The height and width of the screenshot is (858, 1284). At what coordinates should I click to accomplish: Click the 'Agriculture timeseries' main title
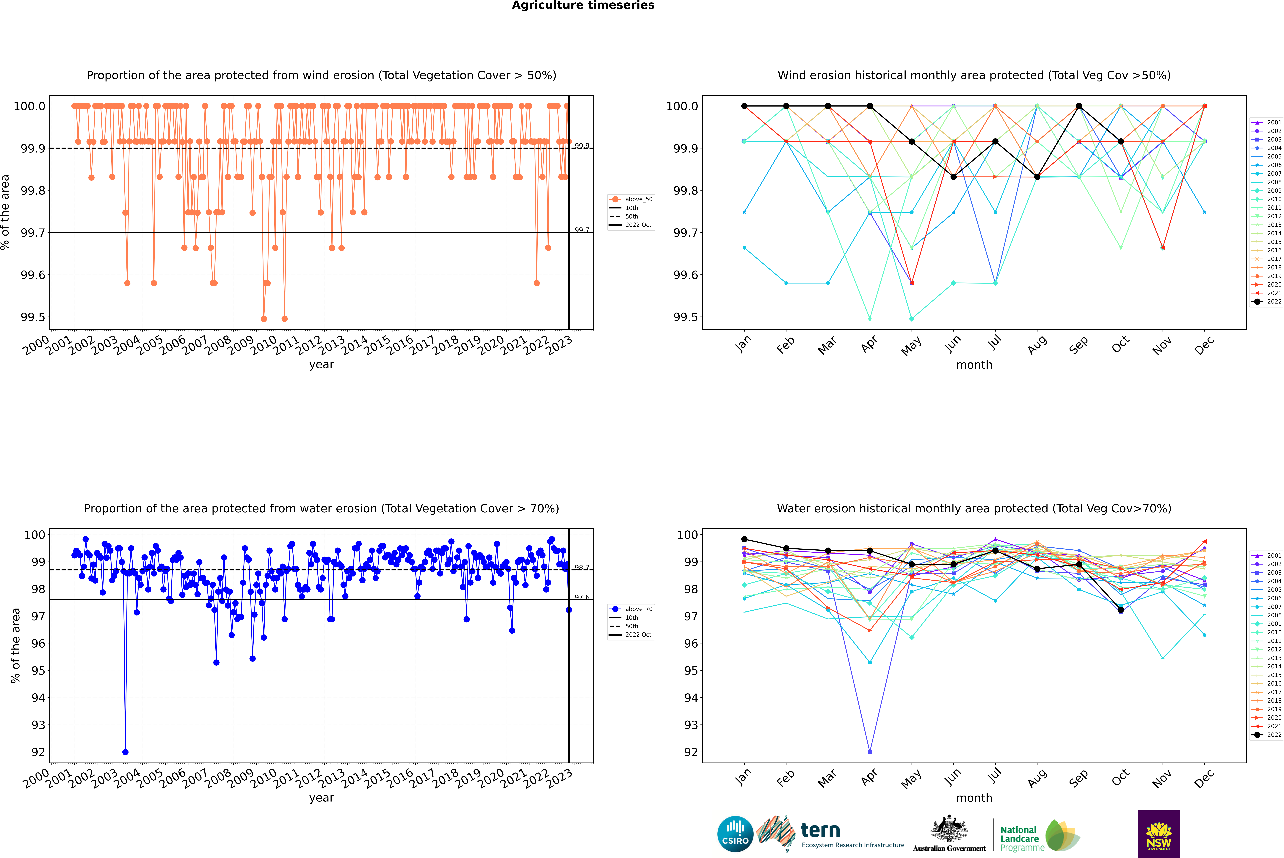583,5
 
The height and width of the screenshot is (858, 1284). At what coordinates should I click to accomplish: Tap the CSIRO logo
735,834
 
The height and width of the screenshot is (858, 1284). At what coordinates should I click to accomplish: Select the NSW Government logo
1159,834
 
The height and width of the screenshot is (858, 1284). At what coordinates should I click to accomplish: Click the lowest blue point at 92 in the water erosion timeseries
125,752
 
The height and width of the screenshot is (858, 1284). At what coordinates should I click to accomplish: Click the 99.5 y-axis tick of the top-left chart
33,317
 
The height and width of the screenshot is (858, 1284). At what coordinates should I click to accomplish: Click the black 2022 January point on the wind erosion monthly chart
744,106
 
